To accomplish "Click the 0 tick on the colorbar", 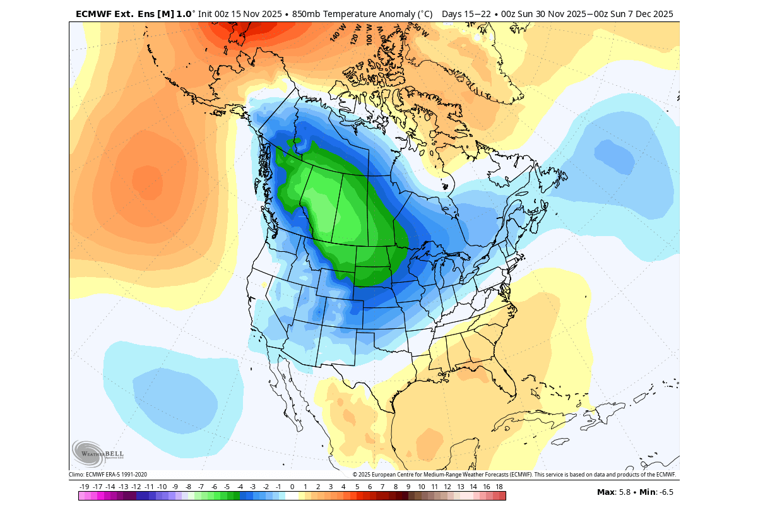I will (x=292, y=487).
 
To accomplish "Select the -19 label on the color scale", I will (x=85, y=487).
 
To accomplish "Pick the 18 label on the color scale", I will (x=499, y=487).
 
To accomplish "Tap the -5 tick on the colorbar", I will (x=227, y=487).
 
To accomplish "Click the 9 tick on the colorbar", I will (x=408, y=487).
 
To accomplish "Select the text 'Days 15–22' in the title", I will (x=465, y=13).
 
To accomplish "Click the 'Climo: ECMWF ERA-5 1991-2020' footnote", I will (x=108, y=475).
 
